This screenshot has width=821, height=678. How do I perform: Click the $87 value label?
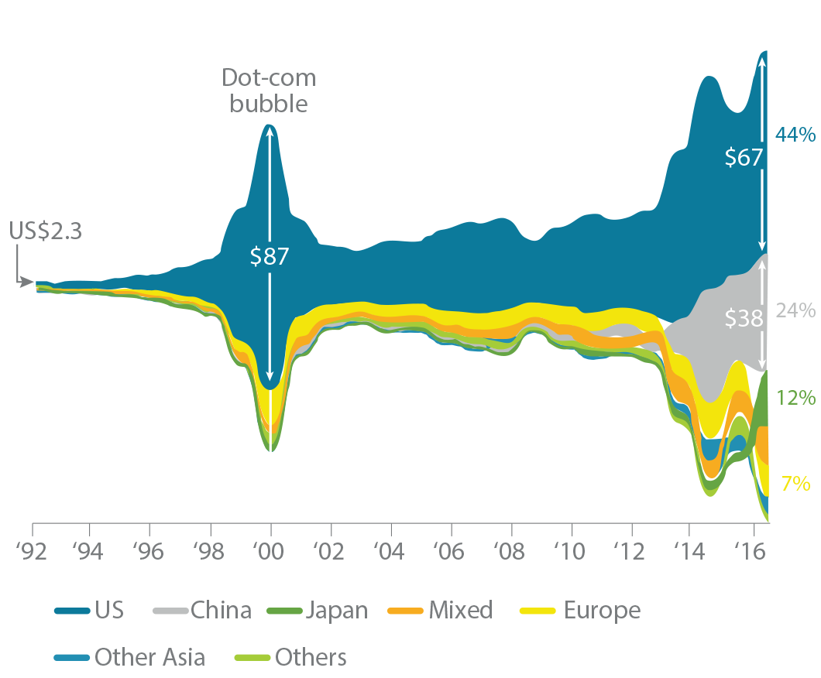pyautogui.click(x=269, y=256)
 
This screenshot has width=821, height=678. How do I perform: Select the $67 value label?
pyautogui.click(x=744, y=157)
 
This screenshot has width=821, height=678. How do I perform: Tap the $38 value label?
pyautogui.click(x=744, y=318)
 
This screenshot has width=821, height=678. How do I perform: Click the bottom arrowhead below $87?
pyautogui.click(x=270, y=375)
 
